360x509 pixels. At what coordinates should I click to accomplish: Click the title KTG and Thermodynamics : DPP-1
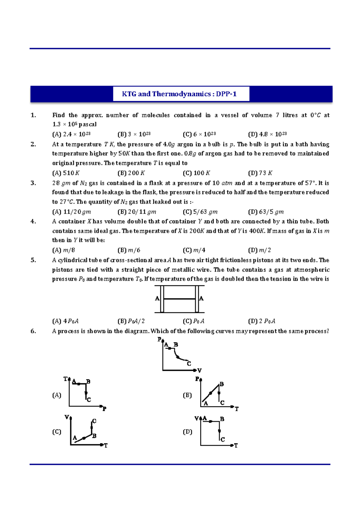179,94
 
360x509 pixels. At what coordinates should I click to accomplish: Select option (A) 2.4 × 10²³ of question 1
71,134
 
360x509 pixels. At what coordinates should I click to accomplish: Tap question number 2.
33,144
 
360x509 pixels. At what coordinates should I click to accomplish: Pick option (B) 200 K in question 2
131,173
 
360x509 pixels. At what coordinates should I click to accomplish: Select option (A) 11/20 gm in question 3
71,212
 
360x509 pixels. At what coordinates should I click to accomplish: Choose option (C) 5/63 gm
200,212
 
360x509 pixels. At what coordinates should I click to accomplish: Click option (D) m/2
259,250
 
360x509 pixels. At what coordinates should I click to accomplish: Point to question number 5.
33,260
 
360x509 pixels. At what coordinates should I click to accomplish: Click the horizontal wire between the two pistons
179,299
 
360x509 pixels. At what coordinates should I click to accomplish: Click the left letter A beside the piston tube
157,299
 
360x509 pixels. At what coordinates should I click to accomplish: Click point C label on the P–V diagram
189,364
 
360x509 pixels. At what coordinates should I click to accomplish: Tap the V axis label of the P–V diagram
199,371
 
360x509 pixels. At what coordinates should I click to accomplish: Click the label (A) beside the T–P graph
57,395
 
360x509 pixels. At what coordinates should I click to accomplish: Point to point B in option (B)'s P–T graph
222,384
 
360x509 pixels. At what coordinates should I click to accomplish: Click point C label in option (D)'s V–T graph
223,440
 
